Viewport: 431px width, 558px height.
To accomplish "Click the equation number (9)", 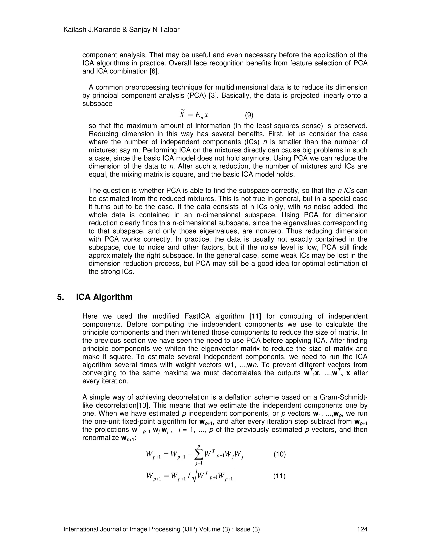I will tap(249, 115).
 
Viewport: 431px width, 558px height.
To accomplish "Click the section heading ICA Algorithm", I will tap(104, 297).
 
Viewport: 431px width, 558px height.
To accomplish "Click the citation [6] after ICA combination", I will tap(154, 71).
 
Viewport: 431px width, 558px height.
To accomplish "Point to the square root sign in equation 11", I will tap(195, 477).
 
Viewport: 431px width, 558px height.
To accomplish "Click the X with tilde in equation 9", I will tap(182, 114).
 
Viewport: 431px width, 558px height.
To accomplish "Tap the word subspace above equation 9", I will tap(97, 104).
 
